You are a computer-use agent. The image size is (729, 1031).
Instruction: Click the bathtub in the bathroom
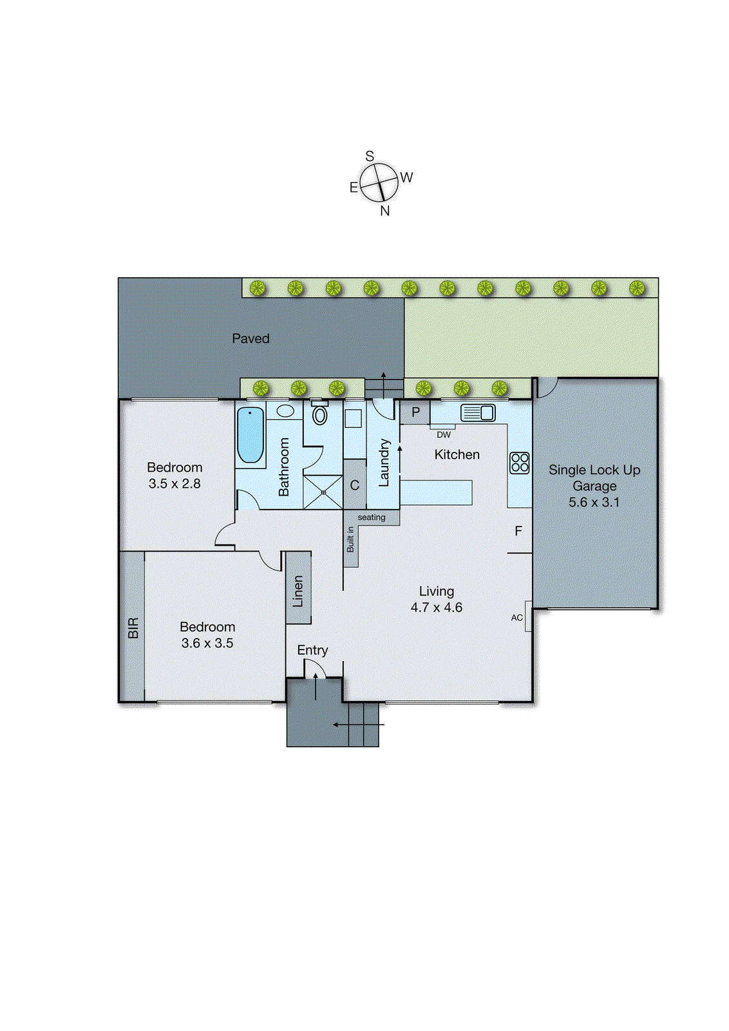coord(251,434)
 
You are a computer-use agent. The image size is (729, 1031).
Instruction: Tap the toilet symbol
coord(319,414)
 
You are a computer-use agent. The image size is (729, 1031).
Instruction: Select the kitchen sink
coord(477,412)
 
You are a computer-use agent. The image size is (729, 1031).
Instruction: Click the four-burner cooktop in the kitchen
coord(519,463)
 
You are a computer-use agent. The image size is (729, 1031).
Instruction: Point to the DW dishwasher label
coord(443,434)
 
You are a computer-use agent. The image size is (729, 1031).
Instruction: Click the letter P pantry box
coord(415,412)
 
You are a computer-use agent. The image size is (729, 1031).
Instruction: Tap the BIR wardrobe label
coord(133,628)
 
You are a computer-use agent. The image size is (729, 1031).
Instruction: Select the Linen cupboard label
coord(298,592)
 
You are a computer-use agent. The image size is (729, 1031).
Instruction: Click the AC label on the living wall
coord(516,618)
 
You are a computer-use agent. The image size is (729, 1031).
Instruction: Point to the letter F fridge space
coord(518,531)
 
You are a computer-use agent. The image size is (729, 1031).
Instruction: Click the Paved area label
coord(251,339)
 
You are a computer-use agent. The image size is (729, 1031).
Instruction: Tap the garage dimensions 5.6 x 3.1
coord(594,502)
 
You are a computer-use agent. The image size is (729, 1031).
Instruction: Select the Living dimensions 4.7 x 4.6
coord(436,608)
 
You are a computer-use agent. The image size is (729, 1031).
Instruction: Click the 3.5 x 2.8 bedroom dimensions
coord(175,484)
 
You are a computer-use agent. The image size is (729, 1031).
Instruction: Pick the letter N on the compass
coord(385,211)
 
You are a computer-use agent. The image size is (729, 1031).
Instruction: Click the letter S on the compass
coord(370,157)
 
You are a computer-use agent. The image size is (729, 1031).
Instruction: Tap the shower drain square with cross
coord(323,492)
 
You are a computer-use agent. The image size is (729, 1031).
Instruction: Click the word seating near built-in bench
coord(371,517)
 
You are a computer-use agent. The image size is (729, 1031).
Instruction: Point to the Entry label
coord(312,650)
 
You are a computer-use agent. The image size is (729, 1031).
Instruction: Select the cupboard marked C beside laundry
coord(355,485)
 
